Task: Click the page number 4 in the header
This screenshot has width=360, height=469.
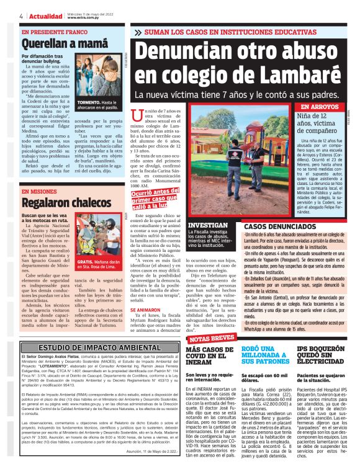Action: coord(21,16)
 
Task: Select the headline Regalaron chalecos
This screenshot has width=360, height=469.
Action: coord(58,202)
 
